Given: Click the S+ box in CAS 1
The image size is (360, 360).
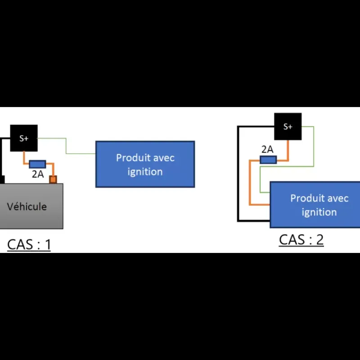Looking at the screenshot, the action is [24, 138].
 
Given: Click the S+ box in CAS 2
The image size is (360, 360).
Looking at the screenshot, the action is [288, 126].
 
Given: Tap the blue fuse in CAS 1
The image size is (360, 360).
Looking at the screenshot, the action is [37, 164].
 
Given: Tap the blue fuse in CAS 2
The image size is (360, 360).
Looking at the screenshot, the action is [268, 160].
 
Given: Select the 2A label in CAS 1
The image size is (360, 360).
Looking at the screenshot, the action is [38, 174].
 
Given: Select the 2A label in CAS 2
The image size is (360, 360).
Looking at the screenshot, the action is [267, 149].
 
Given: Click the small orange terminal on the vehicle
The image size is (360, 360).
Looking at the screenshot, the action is [53, 179].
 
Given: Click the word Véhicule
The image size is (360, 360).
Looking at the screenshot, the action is [27, 207].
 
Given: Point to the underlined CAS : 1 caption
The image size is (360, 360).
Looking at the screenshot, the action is [29, 244].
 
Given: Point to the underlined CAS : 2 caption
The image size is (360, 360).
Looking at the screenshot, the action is [301, 240].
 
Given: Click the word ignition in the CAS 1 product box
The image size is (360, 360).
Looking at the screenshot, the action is [145, 172].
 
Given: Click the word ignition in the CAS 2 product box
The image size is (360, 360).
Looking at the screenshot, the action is [319, 212].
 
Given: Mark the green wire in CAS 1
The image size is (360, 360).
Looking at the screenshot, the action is [66, 146].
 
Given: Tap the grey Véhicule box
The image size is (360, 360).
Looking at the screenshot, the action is [31, 206].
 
